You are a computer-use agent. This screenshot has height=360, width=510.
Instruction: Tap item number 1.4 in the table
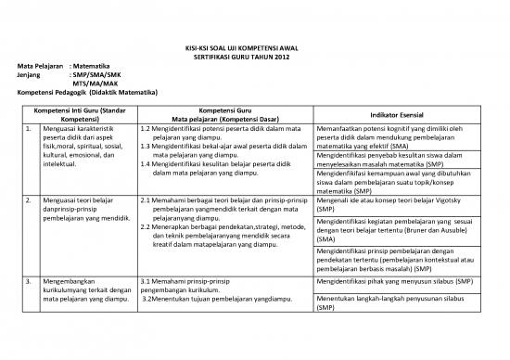click(x=147, y=164)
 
